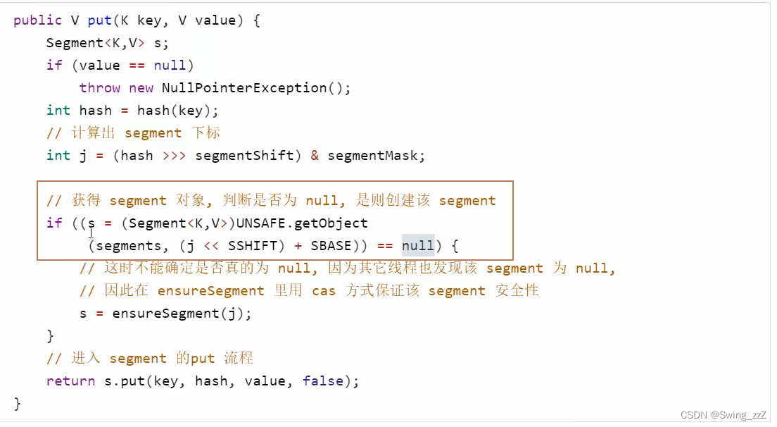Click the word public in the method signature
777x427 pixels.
click(x=38, y=20)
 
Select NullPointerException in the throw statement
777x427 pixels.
click(x=244, y=88)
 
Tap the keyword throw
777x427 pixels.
click(x=100, y=88)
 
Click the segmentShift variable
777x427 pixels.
click(x=244, y=156)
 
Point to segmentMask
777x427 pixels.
click(x=372, y=156)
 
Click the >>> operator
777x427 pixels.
click(x=174, y=156)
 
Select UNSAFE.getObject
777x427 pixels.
click(x=302, y=223)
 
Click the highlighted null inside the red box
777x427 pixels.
click(x=418, y=245)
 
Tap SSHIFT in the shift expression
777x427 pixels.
click(x=252, y=246)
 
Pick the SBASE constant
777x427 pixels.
click(x=331, y=246)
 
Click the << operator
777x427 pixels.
click(x=211, y=246)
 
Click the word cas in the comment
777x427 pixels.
click(x=324, y=290)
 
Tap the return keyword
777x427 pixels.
click(x=70, y=381)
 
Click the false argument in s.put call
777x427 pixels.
click(x=322, y=381)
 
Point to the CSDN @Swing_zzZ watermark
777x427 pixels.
click(x=723, y=415)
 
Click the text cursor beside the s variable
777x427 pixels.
click(x=91, y=232)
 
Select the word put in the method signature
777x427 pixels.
click(x=100, y=20)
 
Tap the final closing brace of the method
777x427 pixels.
click(x=18, y=404)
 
